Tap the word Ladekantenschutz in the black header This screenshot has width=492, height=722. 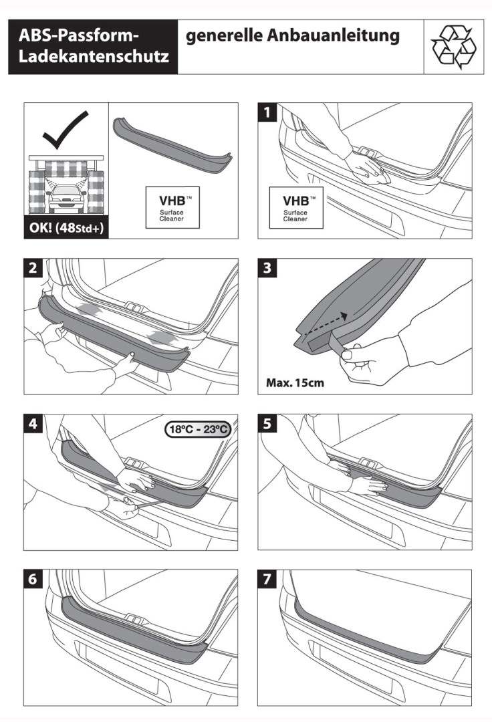(94, 59)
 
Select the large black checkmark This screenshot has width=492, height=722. (65, 131)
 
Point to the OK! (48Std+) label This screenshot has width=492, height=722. (65, 225)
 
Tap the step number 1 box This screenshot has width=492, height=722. (268, 113)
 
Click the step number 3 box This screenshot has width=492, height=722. (268, 269)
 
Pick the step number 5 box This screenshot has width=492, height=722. (268, 424)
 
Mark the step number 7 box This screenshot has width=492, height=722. (268, 580)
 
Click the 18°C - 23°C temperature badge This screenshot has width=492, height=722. (198, 429)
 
